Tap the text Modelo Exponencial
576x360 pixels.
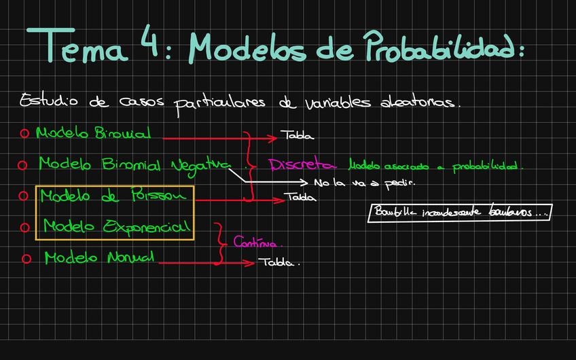[x=116, y=227]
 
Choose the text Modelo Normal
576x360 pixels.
[x=99, y=258]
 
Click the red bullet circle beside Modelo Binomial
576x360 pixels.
[x=24, y=134]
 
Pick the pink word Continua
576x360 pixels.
[x=257, y=242]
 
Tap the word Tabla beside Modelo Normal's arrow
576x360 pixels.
[x=278, y=262]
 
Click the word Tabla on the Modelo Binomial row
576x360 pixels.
[x=298, y=136]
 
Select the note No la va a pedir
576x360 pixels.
[x=363, y=183]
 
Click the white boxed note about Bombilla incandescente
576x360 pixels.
[x=460, y=213]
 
